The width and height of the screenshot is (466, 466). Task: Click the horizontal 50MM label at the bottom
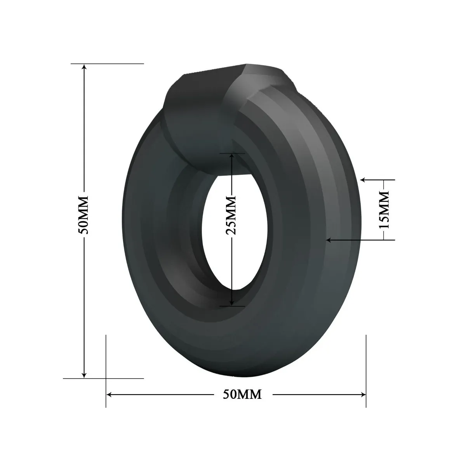(x=242, y=395)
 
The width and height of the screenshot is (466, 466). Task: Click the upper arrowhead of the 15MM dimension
(x=364, y=180)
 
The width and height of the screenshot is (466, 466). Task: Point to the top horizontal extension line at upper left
(x=116, y=63)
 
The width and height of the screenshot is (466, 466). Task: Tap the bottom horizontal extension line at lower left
(x=116, y=378)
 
